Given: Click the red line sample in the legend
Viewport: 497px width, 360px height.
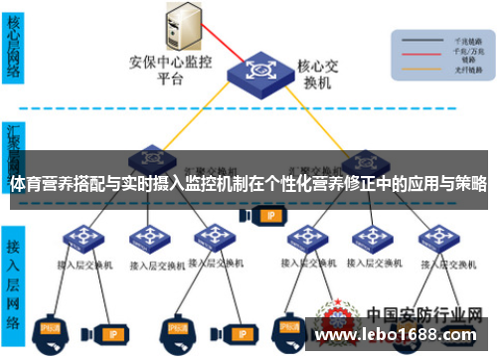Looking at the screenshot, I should point(417,48).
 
